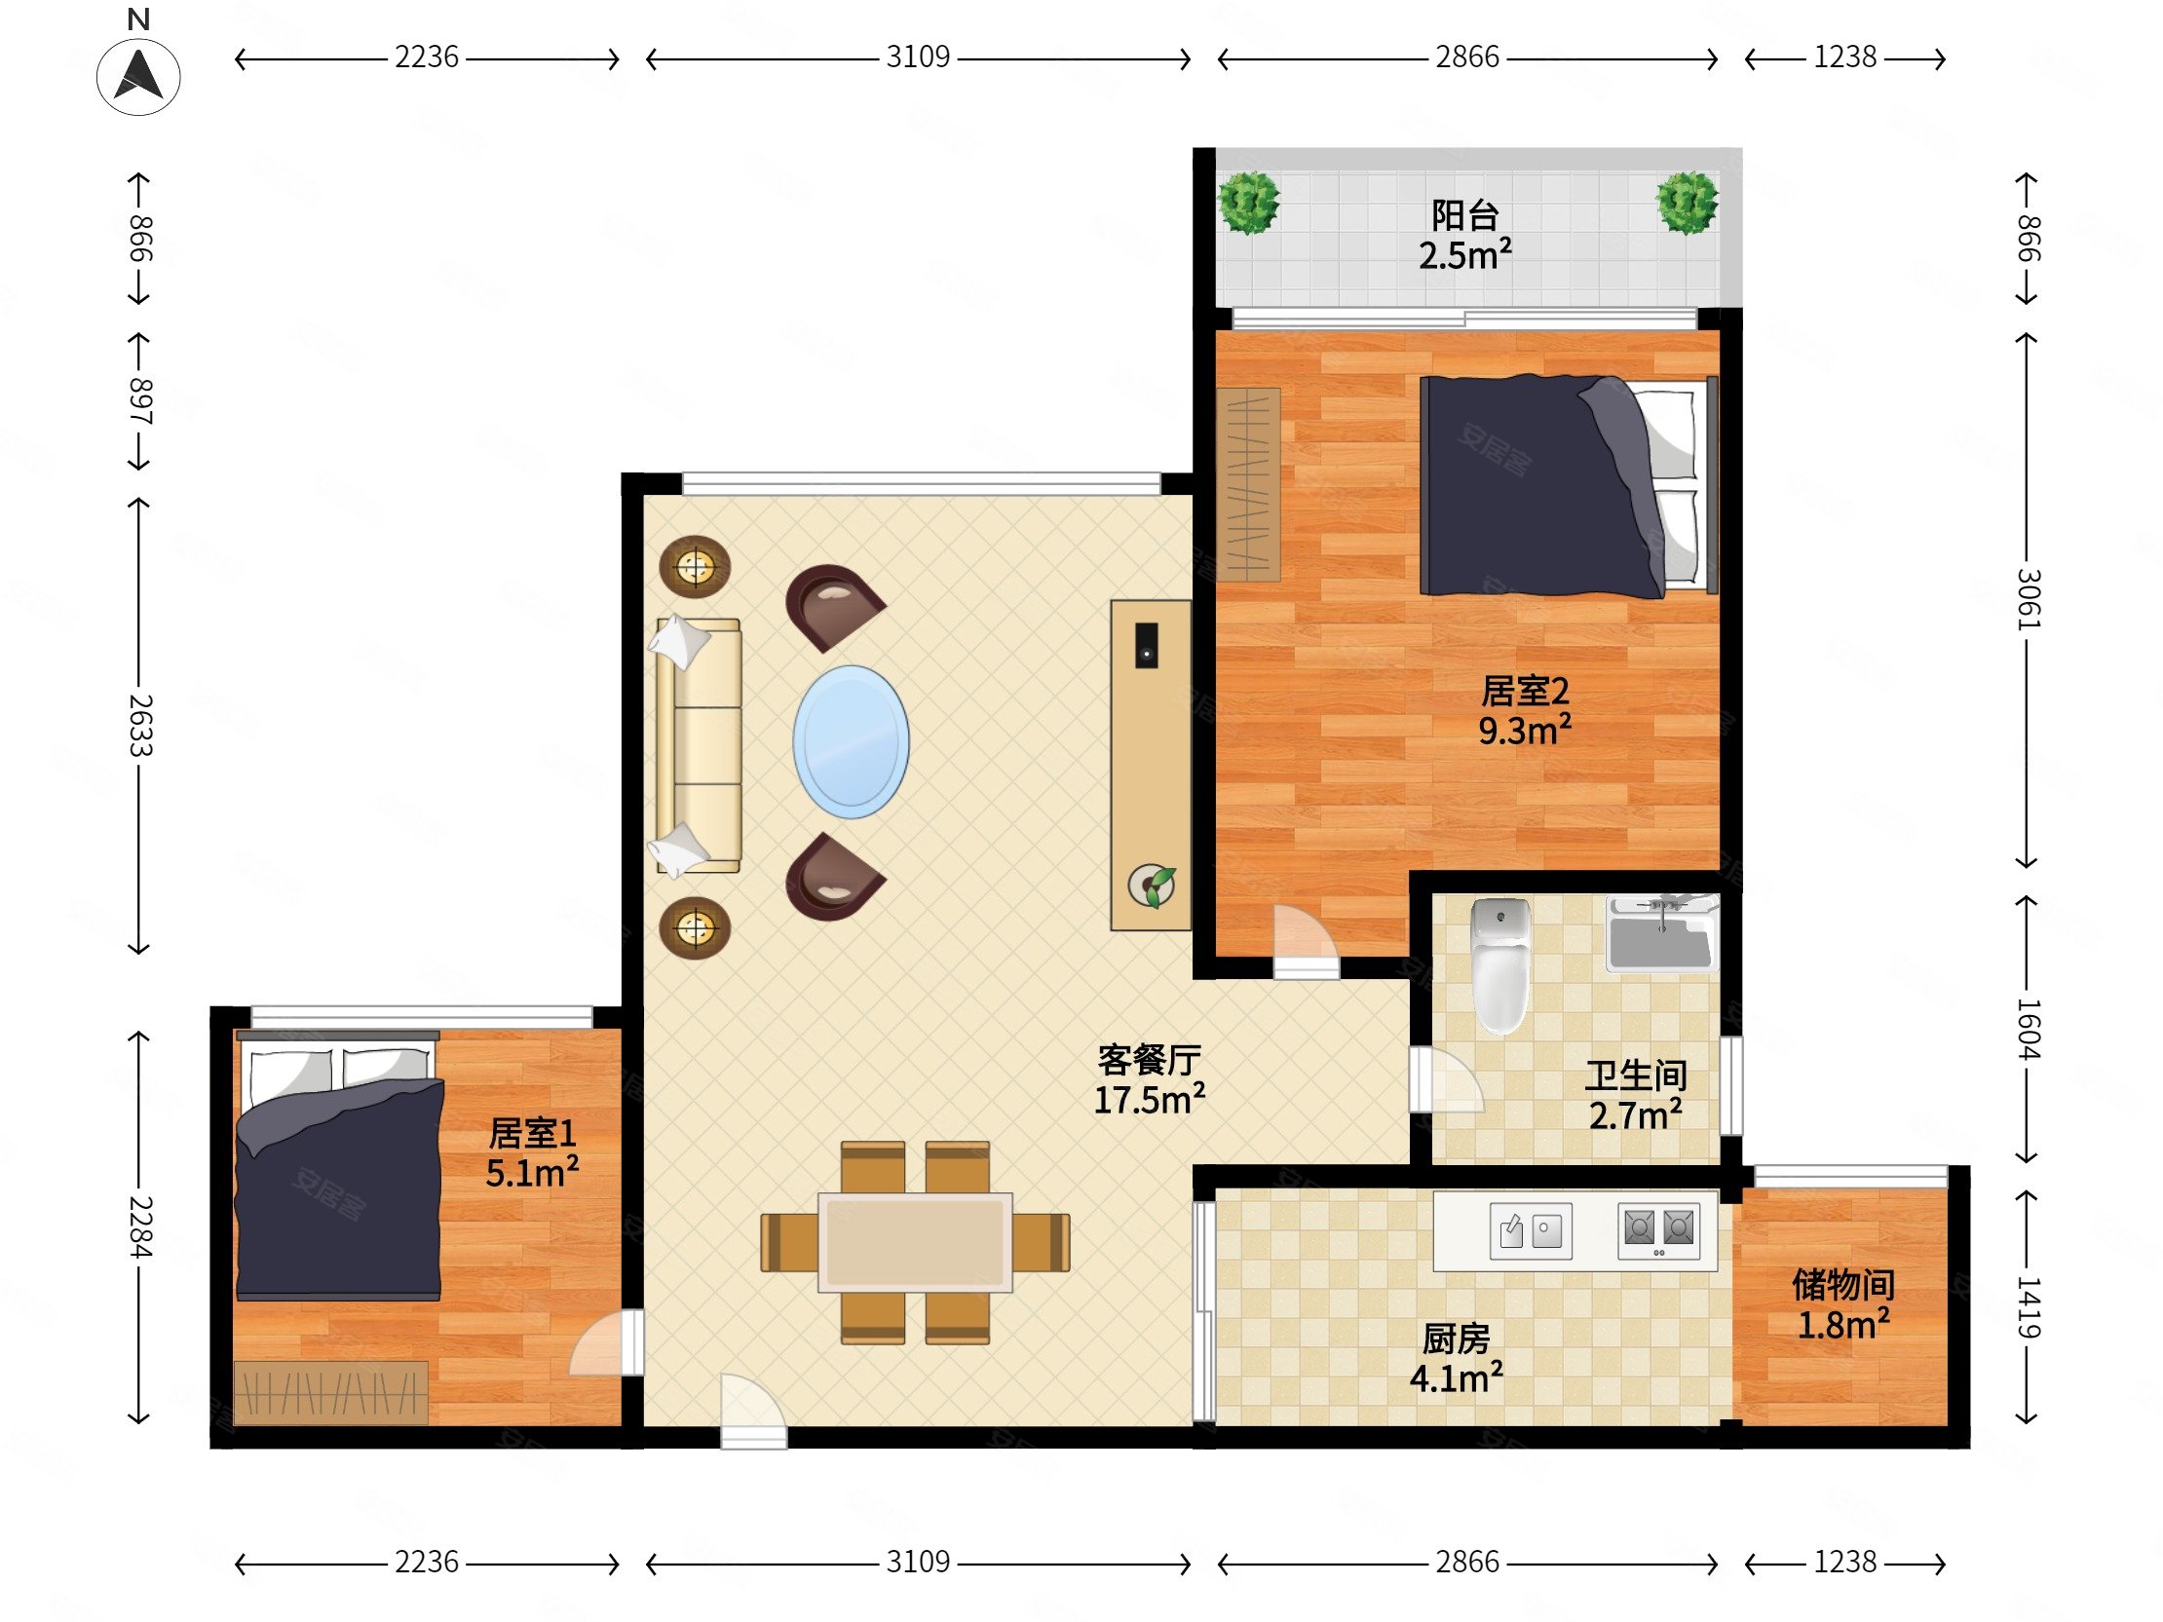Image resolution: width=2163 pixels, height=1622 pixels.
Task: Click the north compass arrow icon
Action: click(138, 76)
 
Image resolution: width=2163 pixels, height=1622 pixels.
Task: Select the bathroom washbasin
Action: click(1661, 932)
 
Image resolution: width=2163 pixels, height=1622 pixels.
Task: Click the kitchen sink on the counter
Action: click(1531, 1230)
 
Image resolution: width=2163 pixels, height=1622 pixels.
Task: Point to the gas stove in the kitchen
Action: click(1658, 1230)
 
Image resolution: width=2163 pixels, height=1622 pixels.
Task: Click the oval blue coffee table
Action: click(851, 741)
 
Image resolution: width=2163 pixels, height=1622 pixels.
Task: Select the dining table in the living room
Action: click(915, 1242)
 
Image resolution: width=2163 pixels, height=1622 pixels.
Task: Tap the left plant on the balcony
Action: click(1248, 203)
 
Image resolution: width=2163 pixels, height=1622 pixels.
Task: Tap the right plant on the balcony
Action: click(1687, 203)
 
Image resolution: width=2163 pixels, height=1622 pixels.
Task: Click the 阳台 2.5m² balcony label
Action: click(1464, 236)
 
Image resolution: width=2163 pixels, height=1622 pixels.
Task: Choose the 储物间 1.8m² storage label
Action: click(1843, 1304)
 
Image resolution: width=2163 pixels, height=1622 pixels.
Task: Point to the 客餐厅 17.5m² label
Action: click(1149, 1079)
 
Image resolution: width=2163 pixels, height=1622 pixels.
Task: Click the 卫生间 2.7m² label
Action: click(1636, 1095)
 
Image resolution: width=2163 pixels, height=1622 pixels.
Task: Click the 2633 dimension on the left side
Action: click(140, 726)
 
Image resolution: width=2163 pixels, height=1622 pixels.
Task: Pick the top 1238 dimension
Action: click(1845, 57)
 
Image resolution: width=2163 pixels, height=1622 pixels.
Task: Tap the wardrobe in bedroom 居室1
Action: click(330, 1391)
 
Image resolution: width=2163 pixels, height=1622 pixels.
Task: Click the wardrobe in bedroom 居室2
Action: click(1249, 484)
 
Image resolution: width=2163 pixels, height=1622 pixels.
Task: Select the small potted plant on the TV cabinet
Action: click(1152, 886)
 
